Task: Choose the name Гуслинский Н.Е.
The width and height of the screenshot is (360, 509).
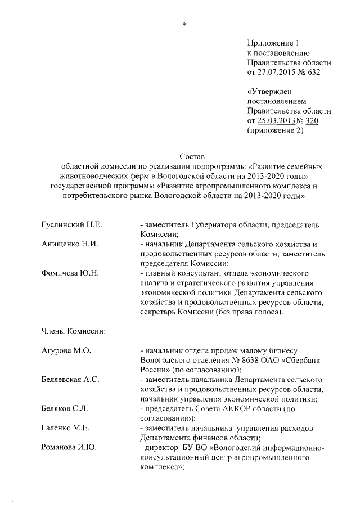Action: pos(71,224)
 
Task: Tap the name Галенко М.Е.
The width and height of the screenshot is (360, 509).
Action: pos(66,428)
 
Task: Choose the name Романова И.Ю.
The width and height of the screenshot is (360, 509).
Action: pos(69,448)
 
